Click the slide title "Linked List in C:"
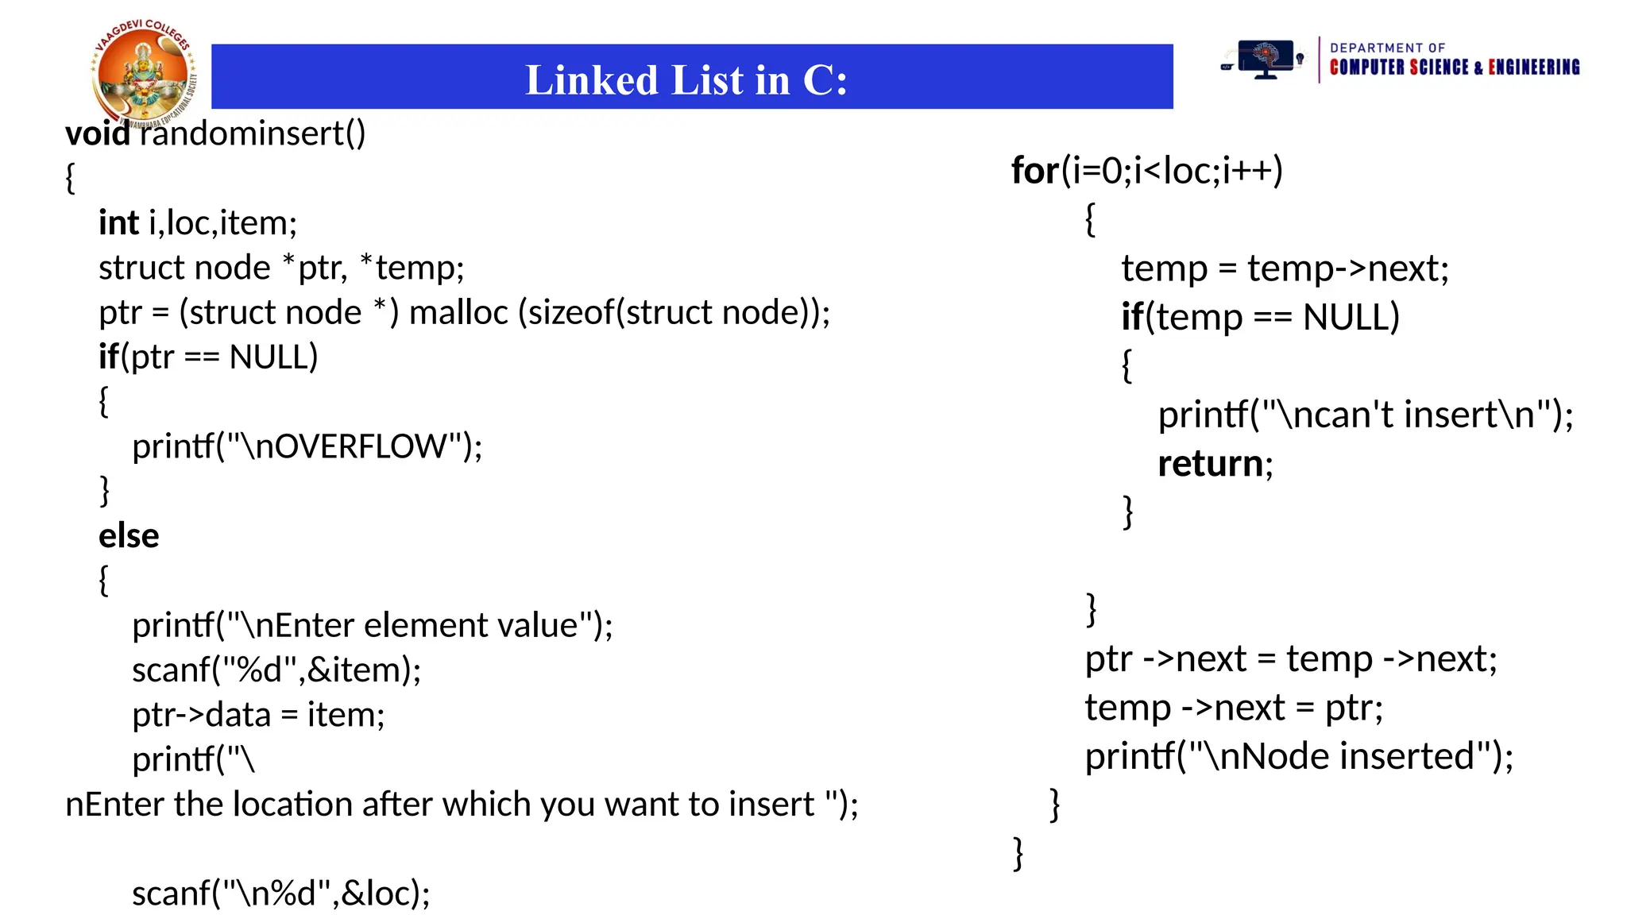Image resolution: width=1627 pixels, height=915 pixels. pos(687,80)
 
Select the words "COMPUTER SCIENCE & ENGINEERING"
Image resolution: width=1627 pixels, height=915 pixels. pos(1454,68)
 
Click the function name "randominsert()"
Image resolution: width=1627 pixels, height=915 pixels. pos(253,133)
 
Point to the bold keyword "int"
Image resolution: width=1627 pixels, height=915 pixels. pos(118,223)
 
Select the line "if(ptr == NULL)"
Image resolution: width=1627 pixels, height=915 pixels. pos(208,357)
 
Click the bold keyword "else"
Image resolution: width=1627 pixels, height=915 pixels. pos(129,536)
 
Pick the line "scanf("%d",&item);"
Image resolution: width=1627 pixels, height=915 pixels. pos(276,670)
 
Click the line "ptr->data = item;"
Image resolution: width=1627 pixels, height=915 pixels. pos(258,715)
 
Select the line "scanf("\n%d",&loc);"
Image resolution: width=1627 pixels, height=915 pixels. pos(280,894)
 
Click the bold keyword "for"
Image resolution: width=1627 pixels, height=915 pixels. pos(1034,171)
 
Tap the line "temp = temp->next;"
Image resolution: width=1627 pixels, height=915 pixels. pos(1285,268)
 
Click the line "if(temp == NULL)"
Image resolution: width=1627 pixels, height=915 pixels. pos(1260,317)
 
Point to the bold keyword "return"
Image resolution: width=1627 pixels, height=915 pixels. pos(1210,464)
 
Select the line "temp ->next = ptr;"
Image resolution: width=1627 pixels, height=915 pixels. pos(1234,708)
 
